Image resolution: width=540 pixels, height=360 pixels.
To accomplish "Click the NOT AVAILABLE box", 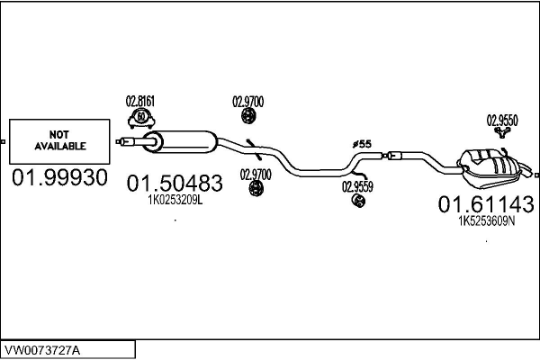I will pos(60,139).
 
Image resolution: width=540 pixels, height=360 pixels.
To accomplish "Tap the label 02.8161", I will pos(139,102).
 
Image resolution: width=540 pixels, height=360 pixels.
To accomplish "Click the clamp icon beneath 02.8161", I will pos(140,117).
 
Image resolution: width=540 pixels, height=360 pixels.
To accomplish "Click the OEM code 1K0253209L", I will pos(175,202).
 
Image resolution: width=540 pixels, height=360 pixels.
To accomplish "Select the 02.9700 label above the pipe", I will pos(248,102).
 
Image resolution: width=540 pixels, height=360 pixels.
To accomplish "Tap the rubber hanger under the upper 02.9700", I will pos(248,117).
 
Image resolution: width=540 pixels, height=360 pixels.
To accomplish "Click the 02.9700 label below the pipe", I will pos(256,174).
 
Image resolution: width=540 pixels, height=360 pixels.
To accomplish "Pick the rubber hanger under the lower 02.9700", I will pos(256,188).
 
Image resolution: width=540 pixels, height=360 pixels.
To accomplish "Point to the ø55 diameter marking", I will pos(361,144).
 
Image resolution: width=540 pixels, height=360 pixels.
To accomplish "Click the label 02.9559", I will pos(357,187).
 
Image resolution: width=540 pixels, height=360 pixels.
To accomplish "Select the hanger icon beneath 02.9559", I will pos(358,202).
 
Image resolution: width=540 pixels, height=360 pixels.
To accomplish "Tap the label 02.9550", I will pos(502,119).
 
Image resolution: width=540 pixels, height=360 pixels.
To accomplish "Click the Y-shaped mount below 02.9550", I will pos(502,134).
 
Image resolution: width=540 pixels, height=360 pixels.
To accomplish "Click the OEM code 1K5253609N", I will pos(487,221).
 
